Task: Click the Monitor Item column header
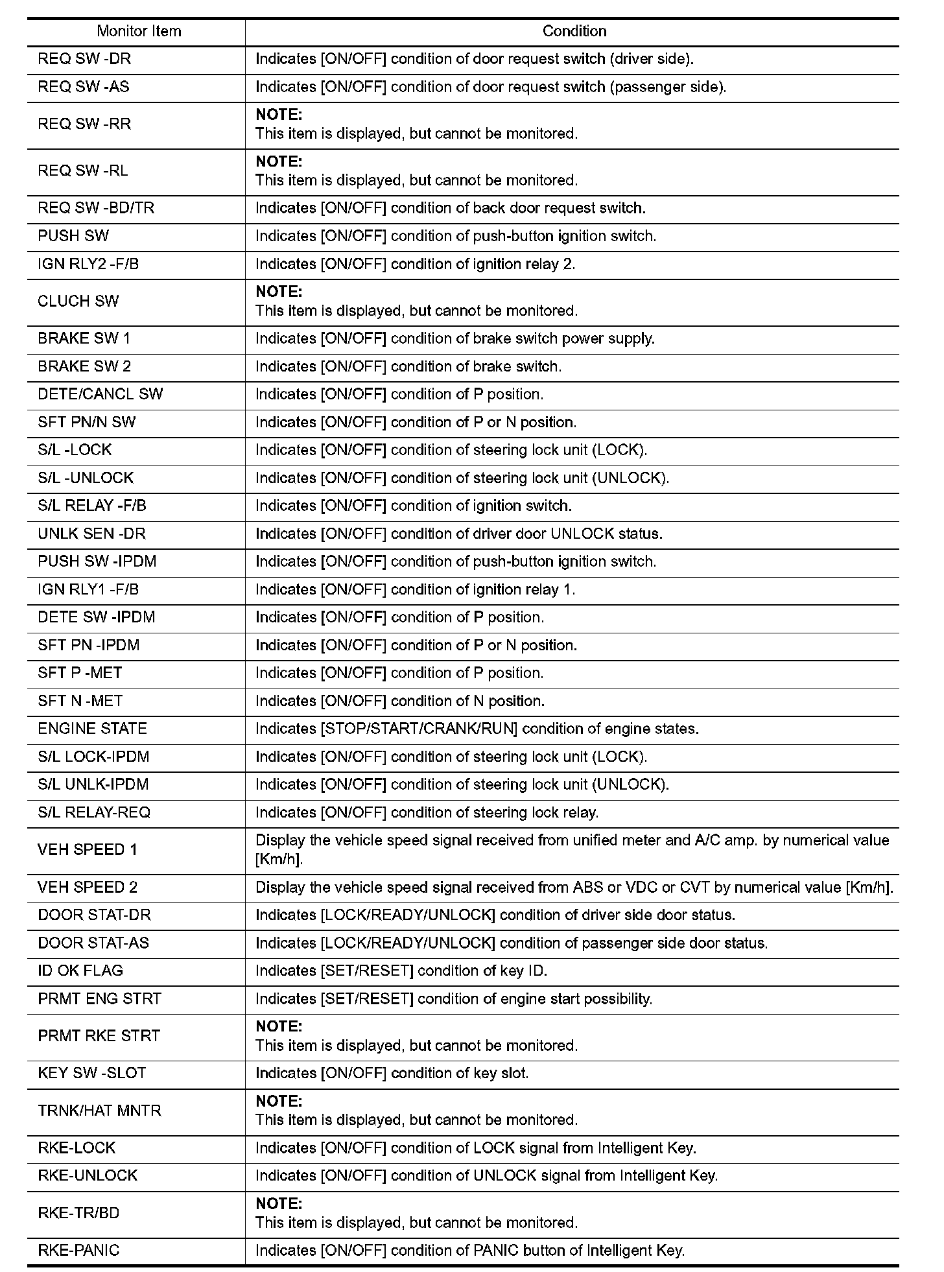pyautogui.click(x=139, y=31)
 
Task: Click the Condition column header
pyautogui.click(x=574, y=31)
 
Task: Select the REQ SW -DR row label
pyautogui.click(x=84, y=59)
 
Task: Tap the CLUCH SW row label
pyautogui.click(x=78, y=301)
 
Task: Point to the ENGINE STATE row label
pyautogui.click(x=92, y=729)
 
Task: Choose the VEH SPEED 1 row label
pyautogui.click(x=88, y=850)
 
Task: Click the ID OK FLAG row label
pyautogui.click(x=80, y=971)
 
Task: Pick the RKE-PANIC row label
pyautogui.click(x=78, y=1251)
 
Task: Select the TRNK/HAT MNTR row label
pyautogui.click(x=99, y=1111)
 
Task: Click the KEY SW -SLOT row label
pyautogui.click(x=91, y=1073)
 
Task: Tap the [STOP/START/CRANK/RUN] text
pyautogui.click(x=419, y=729)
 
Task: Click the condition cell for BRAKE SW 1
pyautogui.click(x=454, y=338)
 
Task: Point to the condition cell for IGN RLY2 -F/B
pyautogui.click(x=415, y=264)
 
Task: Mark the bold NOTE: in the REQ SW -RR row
pyautogui.click(x=279, y=115)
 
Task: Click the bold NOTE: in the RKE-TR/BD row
pyautogui.click(x=279, y=1204)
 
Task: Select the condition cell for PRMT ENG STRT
pyautogui.click(x=453, y=998)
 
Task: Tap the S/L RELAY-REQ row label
pyautogui.click(x=94, y=812)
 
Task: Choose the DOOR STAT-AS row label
pyautogui.click(x=93, y=943)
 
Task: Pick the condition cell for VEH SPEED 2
pyautogui.click(x=574, y=888)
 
